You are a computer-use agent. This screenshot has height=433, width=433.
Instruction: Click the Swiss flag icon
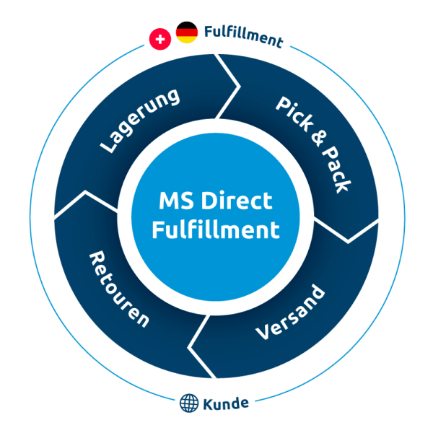click(159, 38)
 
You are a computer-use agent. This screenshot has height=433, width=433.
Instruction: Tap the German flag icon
click(187, 32)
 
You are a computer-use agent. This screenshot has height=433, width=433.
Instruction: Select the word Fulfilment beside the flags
click(242, 36)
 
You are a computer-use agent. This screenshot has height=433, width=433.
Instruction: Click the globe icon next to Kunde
click(188, 402)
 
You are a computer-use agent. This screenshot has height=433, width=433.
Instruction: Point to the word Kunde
click(226, 403)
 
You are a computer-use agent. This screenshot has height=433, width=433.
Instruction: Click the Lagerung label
click(140, 121)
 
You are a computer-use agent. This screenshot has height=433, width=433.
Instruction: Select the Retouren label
click(118, 289)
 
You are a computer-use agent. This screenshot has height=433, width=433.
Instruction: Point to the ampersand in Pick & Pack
click(315, 139)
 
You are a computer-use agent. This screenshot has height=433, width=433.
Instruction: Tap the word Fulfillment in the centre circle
click(216, 230)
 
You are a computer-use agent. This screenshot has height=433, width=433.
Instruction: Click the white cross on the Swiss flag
click(159, 38)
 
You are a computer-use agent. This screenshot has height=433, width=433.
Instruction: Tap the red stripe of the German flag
click(187, 32)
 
